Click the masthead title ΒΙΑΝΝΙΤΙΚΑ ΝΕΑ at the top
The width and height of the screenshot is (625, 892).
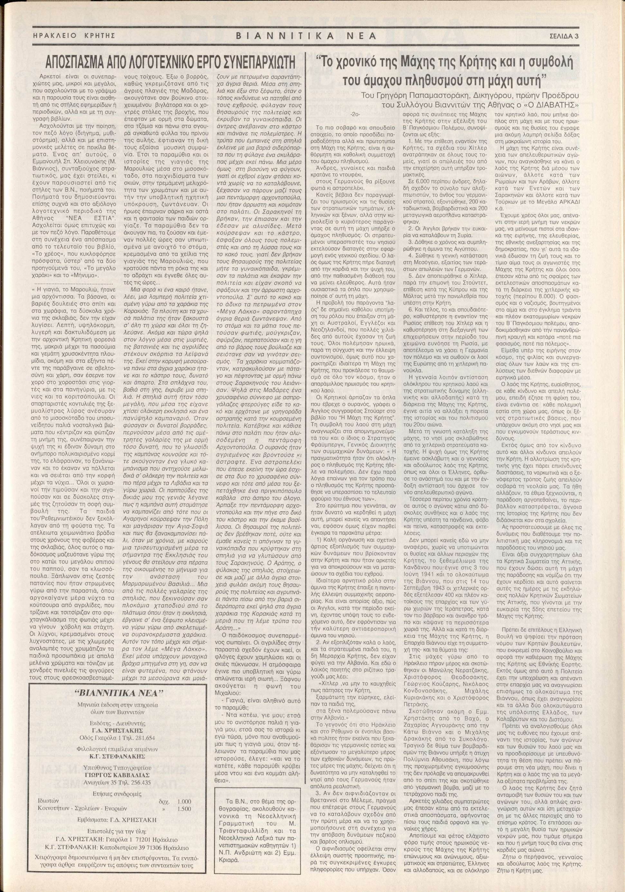click(306, 36)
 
